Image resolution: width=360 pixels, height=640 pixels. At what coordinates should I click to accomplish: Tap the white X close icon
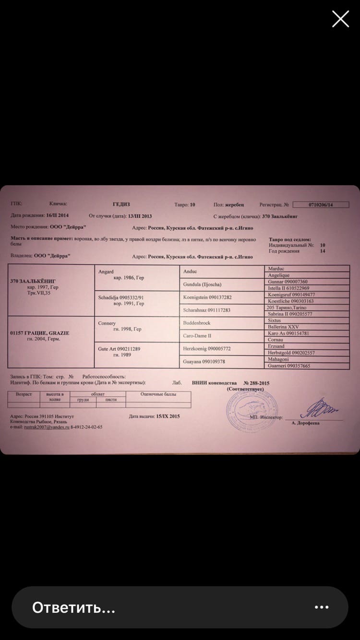340,19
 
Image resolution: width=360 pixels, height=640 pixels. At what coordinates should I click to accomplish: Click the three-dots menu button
321,607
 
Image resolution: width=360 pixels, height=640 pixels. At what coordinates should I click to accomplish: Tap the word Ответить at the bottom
73,607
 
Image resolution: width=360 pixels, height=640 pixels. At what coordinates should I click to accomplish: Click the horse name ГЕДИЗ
121,204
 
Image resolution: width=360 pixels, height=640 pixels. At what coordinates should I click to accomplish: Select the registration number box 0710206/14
321,204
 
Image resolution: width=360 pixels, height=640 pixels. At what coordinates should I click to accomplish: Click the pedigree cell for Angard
138,277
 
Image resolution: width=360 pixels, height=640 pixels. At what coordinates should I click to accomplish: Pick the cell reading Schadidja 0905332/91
138,303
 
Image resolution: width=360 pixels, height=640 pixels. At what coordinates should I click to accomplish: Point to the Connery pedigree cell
138,329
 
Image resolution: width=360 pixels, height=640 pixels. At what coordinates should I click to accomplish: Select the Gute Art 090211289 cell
138,355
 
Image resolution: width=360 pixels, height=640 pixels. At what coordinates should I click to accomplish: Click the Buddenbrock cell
222,323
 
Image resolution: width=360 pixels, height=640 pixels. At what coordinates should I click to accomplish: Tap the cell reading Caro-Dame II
222,336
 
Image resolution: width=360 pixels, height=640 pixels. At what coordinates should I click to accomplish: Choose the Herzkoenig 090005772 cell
222,349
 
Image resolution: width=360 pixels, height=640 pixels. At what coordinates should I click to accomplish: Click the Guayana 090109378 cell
222,361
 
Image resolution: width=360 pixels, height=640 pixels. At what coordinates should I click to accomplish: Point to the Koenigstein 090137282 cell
222,297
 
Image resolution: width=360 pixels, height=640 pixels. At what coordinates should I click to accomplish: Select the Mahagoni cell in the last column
307,359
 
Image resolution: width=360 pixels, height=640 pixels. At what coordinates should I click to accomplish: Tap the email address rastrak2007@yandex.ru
47,427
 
